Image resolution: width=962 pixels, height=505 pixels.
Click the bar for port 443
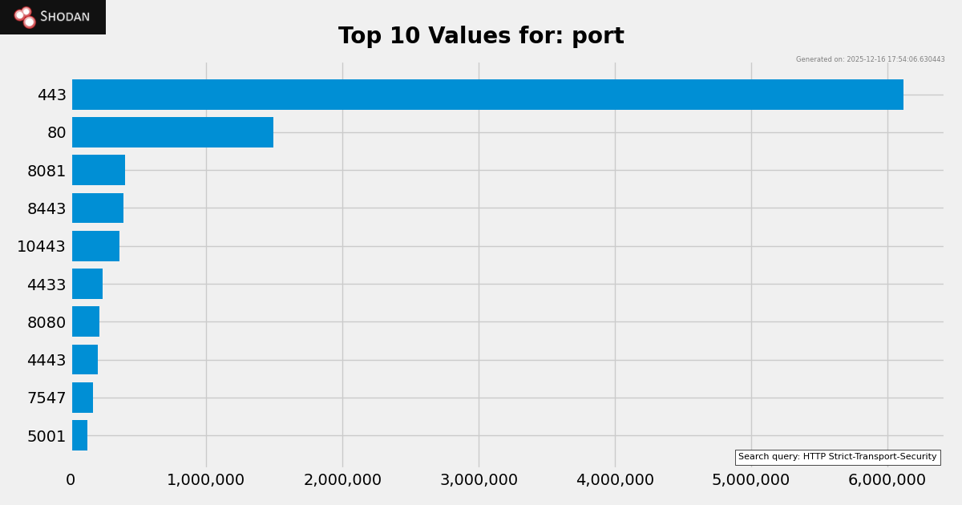tap(487, 95)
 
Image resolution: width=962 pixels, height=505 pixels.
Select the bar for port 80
tap(172, 132)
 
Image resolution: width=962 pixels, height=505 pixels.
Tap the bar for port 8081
tap(99, 170)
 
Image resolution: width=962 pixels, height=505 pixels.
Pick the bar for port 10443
tap(95, 246)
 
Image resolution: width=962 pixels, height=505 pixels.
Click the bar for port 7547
tap(83, 398)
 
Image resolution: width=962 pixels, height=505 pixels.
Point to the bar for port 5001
tap(80, 435)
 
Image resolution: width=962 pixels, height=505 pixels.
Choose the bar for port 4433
tap(87, 284)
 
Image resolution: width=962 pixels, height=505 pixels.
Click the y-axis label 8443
tap(46, 208)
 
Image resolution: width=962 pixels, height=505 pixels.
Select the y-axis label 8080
tap(46, 322)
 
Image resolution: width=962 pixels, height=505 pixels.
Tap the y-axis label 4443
tap(46, 360)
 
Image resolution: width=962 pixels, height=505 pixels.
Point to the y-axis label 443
tap(52, 95)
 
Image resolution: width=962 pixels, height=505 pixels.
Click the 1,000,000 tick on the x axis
tap(205, 480)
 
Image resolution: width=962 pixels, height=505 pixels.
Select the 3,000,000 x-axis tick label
tap(479, 480)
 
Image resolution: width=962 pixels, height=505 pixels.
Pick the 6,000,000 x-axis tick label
tap(887, 480)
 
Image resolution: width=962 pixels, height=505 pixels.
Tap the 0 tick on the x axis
tap(71, 480)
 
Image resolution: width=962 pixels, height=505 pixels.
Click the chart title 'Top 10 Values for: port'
tap(481, 36)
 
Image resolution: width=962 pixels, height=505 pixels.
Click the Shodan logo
tap(53, 17)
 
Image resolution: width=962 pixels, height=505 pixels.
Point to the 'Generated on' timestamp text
tap(870, 59)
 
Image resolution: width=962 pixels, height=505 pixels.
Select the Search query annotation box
tap(837, 457)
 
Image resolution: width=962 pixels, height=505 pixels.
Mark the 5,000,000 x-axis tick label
tap(750, 480)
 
